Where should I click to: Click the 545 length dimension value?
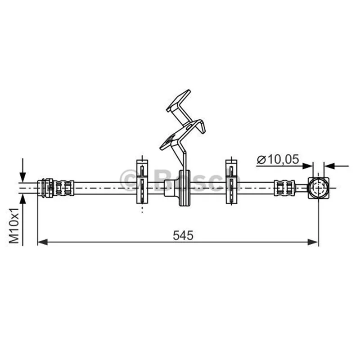(183, 235)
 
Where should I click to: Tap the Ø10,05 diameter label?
(278, 159)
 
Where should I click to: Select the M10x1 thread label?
(14, 226)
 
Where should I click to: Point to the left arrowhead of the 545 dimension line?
(42, 242)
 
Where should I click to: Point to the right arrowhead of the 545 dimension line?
(313, 242)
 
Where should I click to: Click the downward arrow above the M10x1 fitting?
(22, 171)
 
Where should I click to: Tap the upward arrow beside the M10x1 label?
(22, 220)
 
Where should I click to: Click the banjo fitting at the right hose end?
(318, 188)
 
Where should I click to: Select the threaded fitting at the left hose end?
(55, 188)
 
